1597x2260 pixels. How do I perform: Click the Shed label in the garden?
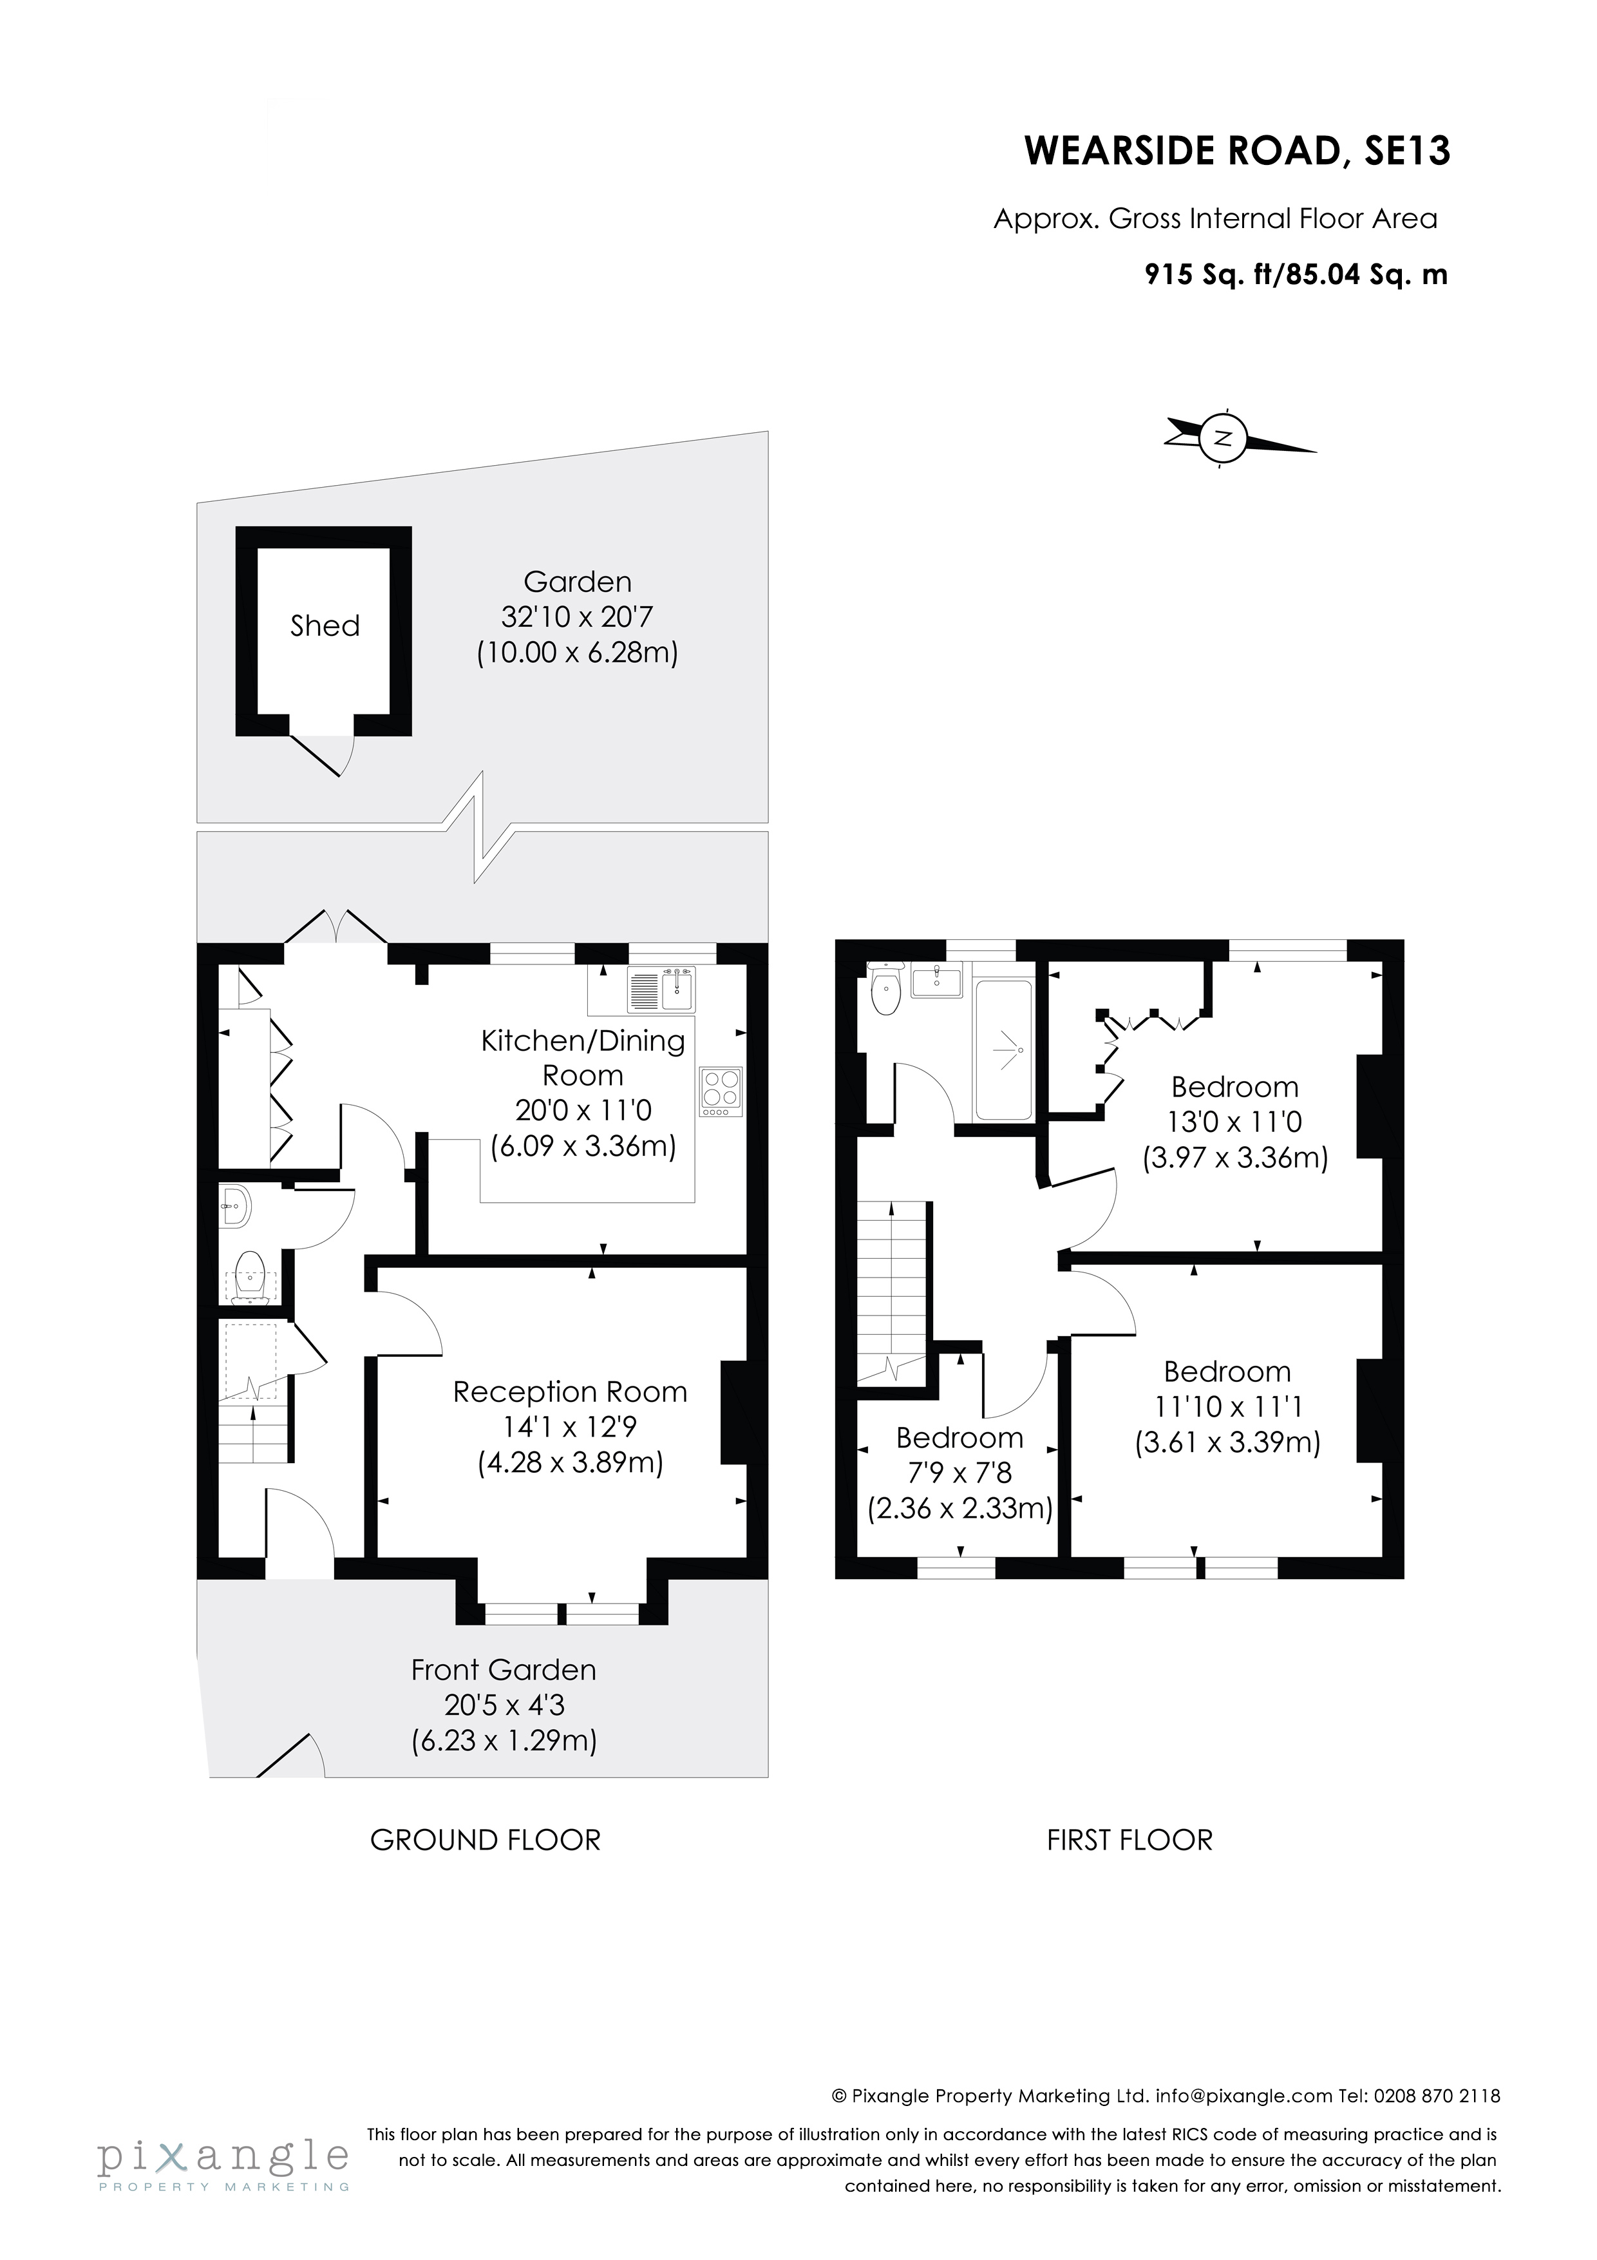click(325, 626)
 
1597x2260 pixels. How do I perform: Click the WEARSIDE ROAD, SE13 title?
click(1237, 151)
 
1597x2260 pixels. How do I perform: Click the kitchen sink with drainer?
click(661, 990)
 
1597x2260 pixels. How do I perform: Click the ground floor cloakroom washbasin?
click(235, 1205)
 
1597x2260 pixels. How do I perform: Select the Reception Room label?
click(570, 1392)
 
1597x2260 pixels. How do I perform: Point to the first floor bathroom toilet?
click(885, 994)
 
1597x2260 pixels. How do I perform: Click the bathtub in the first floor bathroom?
click(1003, 1050)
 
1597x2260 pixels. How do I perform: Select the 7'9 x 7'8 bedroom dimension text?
click(959, 1473)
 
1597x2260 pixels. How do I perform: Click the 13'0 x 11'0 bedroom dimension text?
click(1235, 1122)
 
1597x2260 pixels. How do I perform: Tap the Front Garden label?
click(504, 1671)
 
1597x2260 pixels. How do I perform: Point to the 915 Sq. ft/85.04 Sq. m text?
click(1296, 274)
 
